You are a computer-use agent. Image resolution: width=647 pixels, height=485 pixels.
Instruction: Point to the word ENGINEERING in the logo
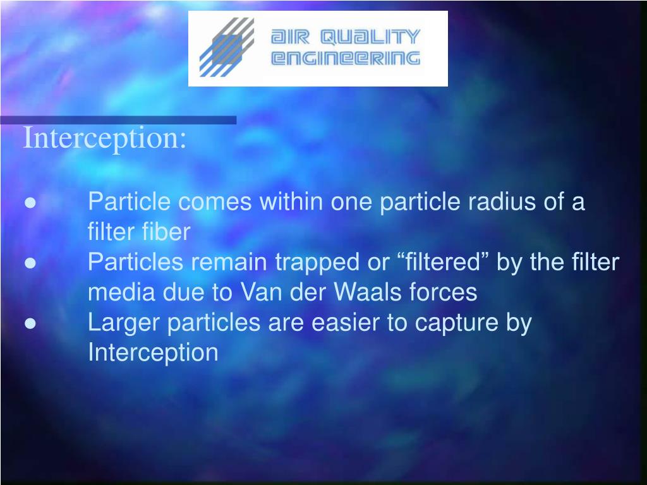click(345, 59)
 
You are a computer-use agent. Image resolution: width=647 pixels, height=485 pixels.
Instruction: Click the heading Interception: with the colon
click(105, 139)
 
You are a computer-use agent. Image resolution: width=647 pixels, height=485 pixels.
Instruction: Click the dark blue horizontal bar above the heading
click(118, 120)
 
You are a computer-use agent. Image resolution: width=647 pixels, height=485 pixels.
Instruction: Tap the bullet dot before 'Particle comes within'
click(30, 203)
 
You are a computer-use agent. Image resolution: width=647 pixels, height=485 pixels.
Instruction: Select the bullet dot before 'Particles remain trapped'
click(30, 263)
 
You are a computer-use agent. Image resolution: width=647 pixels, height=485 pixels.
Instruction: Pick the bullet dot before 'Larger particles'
click(30, 323)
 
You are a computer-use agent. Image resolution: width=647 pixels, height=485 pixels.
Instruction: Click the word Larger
click(124, 323)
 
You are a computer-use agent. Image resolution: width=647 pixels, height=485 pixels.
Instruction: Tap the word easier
click(342, 323)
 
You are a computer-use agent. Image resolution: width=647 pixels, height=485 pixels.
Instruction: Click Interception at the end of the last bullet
click(153, 352)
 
